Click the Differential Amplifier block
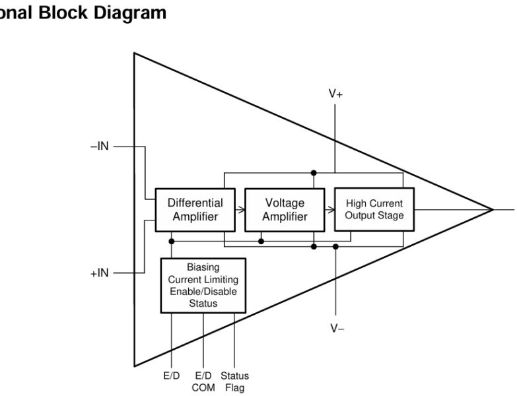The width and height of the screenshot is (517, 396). click(x=194, y=210)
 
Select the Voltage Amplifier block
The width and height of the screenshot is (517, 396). click(x=285, y=210)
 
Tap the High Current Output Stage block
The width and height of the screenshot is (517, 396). click(x=374, y=209)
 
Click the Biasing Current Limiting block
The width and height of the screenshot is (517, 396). click(x=203, y=285)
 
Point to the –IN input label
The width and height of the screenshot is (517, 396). click(x=99, y=147)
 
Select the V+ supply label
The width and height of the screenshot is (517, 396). click(x=335, y=94)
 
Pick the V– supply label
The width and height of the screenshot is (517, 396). click(x=337, y=328)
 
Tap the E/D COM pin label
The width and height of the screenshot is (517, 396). click(x=203, y=381)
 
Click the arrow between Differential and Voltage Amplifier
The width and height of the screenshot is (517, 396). click(x=240, y=211)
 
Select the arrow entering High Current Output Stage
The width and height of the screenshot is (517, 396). click(x=330, y=211)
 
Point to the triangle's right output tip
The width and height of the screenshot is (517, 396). click(x=492, y=210)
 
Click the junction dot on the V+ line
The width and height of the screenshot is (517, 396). click(x=314, y=173)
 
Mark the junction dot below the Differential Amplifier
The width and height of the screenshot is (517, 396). click(x=172, y=241)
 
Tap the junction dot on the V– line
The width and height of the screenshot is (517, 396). click(x=335, y=246)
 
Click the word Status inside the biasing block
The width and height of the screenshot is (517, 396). click(x=203, y=304)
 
